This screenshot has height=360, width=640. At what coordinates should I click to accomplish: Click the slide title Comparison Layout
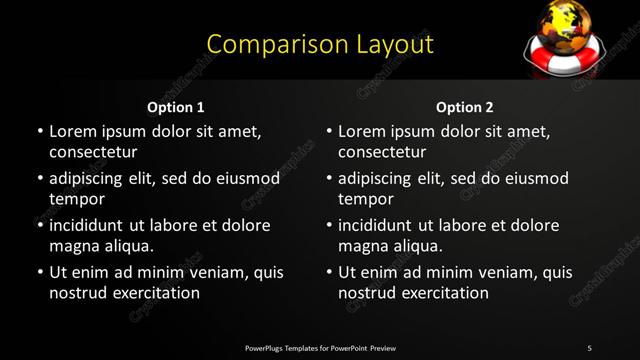pyautogui.click(x=320, y=45)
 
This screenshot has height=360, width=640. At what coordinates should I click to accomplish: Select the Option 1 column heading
pyautogui.click(x=175, y=107)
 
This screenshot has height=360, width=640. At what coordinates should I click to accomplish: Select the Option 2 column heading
pyautogui.click(x=465, y=107)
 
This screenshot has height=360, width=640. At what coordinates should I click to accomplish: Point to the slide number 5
pyautogui.click(x=589, y=348)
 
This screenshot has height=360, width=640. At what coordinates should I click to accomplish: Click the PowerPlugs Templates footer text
pyautogui.click(x=320, y=348)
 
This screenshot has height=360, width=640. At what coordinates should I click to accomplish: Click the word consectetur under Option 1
pyautogui.click(x=93, y=153)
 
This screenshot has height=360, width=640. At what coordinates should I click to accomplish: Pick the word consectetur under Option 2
pyautogui.click(x=382, y=153)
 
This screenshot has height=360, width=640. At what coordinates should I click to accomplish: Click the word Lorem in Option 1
pyautogui.click(x=72, y=132)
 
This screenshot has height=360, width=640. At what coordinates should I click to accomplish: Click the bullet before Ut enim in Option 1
pyautogui.click(x=39, y=272)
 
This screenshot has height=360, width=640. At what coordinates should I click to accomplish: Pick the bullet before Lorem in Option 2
pyautogui.click(x=328, y=132)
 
